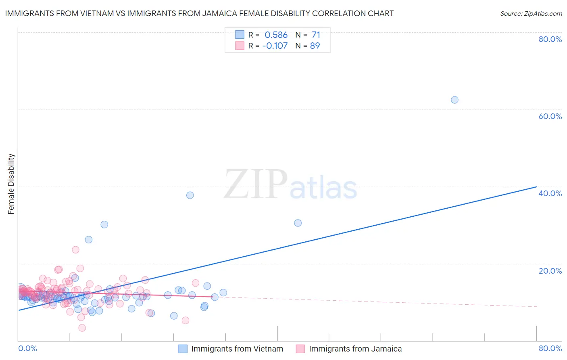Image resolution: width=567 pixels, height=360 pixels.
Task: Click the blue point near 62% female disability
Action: tap(454, 100)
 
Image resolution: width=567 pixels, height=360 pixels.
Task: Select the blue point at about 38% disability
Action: tap(190, 195)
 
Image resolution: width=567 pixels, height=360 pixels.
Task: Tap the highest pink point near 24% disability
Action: tap(75, 249)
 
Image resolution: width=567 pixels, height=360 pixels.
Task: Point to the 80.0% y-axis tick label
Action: tap(550, 39)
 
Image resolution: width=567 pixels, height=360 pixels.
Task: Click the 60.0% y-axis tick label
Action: tap(550, 116)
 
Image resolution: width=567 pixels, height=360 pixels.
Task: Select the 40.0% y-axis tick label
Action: tap(550, 193)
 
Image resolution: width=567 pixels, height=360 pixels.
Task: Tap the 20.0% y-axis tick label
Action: tap(550, 271)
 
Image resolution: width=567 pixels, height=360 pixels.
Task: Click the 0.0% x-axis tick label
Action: tap(28, 348)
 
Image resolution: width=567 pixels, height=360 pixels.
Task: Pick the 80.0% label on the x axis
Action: tap(550, 348)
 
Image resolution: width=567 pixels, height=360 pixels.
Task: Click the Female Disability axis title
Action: tap(11, 184)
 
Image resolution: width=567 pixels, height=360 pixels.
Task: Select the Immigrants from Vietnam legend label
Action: tap(237, 349)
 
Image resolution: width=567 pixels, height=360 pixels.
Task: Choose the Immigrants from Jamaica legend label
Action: tap(355, 349)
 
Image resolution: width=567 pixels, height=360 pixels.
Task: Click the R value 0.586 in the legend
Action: tap(276, 35)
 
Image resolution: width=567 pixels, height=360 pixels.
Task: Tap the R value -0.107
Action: tap(275, 46)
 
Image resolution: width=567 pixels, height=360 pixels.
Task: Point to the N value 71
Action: tap(316, 35)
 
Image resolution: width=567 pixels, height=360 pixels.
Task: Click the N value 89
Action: tap(315, 46)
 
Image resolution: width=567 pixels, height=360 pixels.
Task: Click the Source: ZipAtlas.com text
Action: tap(531, 14)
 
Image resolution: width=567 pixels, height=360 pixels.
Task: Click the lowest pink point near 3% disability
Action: tap(82, 328)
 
